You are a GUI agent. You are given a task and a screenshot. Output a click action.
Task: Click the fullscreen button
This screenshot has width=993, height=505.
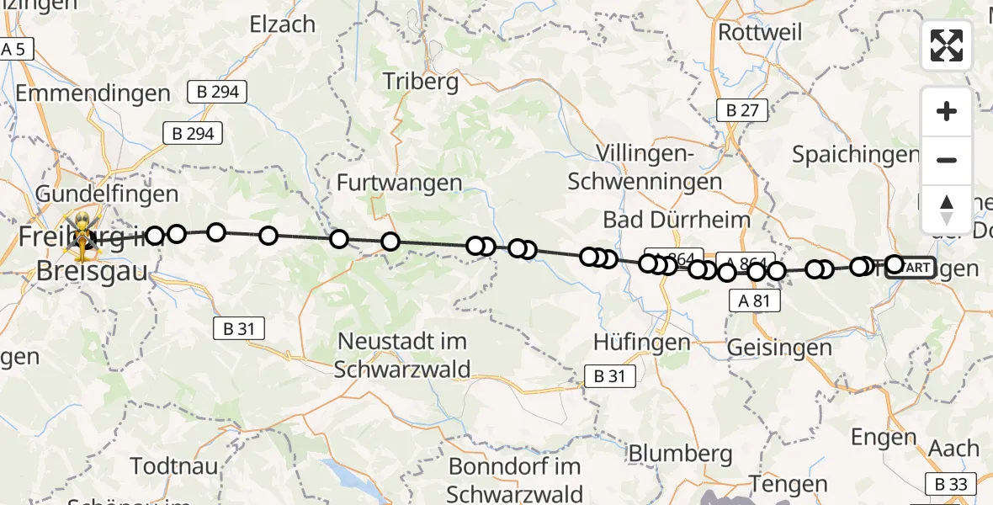click(x=947, y=45)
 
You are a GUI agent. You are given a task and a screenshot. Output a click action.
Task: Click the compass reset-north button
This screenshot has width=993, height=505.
click(x=947, y=209)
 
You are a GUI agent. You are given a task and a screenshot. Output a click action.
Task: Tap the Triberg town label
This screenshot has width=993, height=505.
click(x=421, y=82)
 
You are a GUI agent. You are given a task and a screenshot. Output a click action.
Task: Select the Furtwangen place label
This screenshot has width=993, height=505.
click(x=400, y=183)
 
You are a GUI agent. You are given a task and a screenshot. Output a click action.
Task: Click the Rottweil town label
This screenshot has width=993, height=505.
click(x=760, y=32)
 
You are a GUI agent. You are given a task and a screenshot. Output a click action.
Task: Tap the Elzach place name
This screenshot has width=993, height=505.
click(x=282, y=25)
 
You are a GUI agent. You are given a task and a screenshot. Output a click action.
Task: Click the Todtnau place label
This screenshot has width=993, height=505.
click(x=174, y=465)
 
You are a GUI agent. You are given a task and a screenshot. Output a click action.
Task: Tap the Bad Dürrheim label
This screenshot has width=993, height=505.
click(x=677, y=221)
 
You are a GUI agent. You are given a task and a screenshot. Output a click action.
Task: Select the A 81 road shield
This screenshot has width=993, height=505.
click(x=755, y=300)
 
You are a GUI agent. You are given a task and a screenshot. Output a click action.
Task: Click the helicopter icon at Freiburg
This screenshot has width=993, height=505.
click(x=83, y=235)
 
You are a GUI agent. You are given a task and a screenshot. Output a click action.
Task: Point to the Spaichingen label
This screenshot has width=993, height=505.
click(x=855, y=155)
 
